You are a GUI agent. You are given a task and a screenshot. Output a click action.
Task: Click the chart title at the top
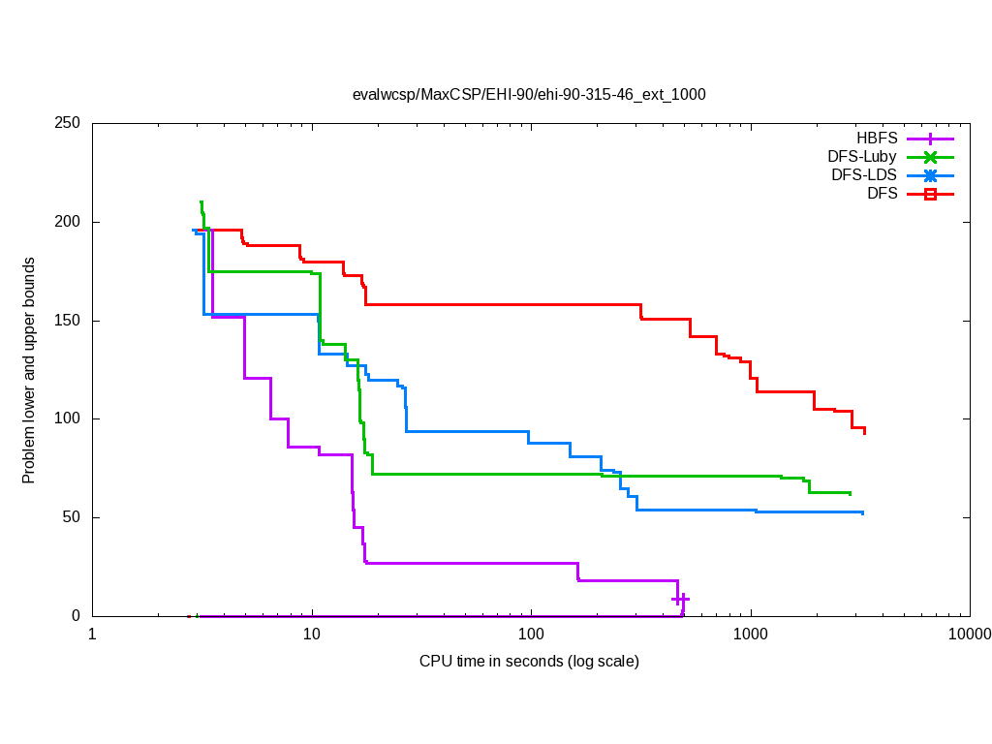point(529,95)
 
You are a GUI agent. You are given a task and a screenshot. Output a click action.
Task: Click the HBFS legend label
point(877,138)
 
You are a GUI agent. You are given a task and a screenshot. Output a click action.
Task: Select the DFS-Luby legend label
point(862,156)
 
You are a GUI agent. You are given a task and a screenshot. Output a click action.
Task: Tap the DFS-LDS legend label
point(864,175)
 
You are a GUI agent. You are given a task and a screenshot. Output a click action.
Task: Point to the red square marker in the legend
point(930,194)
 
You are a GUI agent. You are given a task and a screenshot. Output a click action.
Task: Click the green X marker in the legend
point(930,157)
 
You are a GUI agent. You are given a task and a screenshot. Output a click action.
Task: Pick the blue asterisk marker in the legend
point(930,175)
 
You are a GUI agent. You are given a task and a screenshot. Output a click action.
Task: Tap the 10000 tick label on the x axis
point(970,635)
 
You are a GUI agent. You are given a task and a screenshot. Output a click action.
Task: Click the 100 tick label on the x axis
point(531,635)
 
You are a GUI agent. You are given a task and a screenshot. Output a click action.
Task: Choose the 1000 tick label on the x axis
point(751,635)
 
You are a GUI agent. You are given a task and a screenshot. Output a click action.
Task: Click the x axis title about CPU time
point(529,662)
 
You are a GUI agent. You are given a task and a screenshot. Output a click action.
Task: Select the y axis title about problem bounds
point(29,370)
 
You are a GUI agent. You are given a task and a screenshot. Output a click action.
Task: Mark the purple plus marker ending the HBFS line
point(680,599)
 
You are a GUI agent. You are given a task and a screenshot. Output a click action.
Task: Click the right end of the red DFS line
point(864,432)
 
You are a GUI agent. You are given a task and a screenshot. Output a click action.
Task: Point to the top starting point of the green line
point(201,202)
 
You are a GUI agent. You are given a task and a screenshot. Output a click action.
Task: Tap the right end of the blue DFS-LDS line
point(862,512)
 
